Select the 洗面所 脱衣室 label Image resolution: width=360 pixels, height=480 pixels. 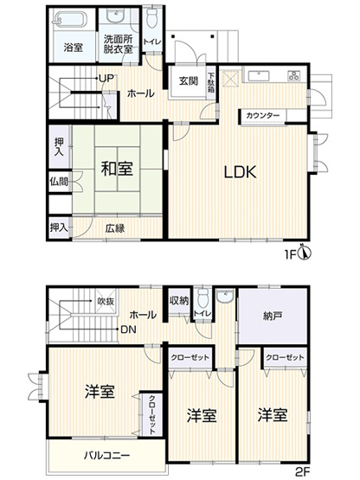[x=118, y=43]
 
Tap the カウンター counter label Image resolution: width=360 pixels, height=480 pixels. [x=261, y=115]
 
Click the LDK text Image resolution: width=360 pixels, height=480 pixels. [x=240, y=171]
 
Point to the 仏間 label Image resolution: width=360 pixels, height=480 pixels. [x=58, y=182]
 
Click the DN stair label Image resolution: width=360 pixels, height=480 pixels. [x=127, y=329]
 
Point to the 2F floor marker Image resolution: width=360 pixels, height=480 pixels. [x=301, y=471]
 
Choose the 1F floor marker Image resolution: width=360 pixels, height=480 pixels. [x=290, y=254]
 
